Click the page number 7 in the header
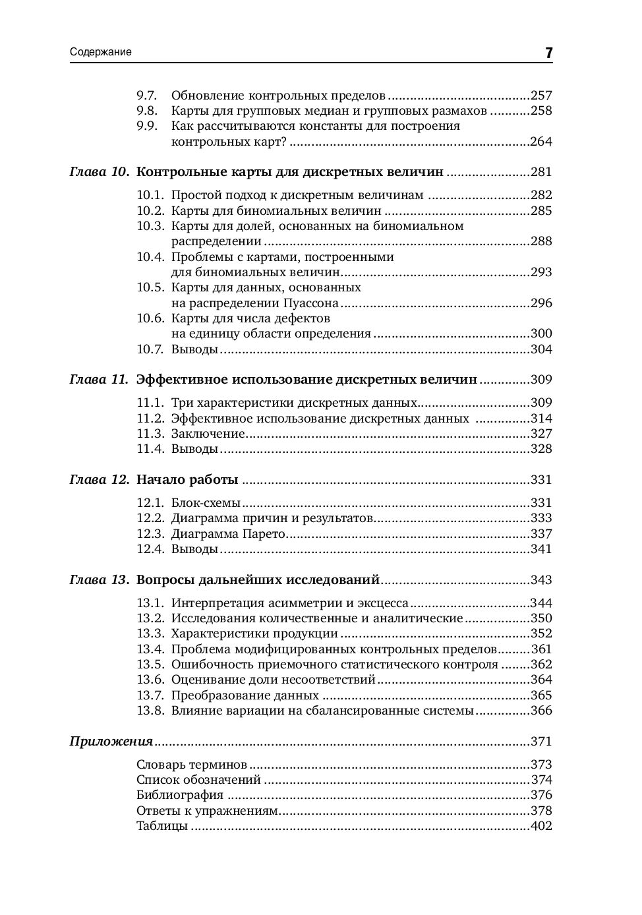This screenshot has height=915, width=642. point(548,53)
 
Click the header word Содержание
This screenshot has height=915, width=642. point(101,52)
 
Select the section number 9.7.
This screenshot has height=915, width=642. point(146,95)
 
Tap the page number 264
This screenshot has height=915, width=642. point(541,142)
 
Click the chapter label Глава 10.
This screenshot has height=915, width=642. point(100,172)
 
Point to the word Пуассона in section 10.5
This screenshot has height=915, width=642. point(310,303)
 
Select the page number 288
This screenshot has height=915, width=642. point(541,241)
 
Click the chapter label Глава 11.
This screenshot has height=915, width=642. point(100,380)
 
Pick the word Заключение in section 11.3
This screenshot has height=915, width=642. point(208,434)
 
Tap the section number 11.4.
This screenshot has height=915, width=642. point(150,449)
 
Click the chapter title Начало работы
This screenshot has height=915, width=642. point(187,480)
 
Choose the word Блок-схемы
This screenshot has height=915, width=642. point(206,503)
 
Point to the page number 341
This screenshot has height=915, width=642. point(541,549)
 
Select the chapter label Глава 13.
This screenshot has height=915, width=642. point(100,580)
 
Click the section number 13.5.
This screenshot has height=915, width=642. point(150,664)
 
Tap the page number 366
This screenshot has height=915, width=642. point(541,711)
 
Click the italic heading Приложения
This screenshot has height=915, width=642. point(111,742)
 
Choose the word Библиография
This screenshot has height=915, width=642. point(180,795)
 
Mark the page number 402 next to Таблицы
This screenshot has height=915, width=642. point(541,826)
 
